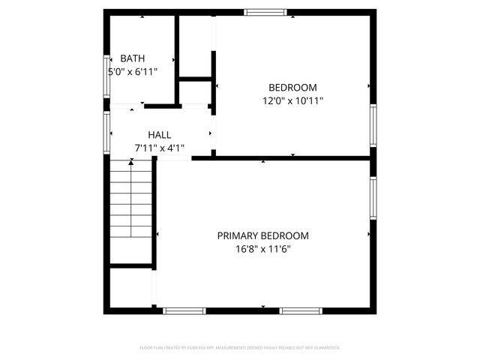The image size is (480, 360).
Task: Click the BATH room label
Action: pos(133,58)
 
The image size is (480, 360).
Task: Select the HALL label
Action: pos(159,135)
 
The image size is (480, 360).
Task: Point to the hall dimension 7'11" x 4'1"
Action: pos(159,148)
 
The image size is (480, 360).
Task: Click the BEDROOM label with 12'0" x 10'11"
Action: pos(292,87)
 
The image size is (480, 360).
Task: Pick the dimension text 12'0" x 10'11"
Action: pos(292,100)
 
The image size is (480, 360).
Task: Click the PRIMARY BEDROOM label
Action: pos(262,235)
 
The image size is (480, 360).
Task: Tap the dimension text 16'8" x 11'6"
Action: pos(262,249)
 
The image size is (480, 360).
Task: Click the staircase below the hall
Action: pos(132,214)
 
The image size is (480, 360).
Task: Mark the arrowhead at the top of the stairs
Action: pos(132,163)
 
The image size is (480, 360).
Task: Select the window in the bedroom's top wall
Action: pos(265,12)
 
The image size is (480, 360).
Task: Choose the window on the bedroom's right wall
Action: pos(373,125)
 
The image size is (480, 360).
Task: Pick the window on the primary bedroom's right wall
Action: pos(373,198)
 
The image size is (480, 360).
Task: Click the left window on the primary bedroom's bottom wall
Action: pos(184,310)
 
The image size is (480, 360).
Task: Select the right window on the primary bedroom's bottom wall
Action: pos(301,310)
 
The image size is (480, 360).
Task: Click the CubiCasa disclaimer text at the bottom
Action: pos(240,348)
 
